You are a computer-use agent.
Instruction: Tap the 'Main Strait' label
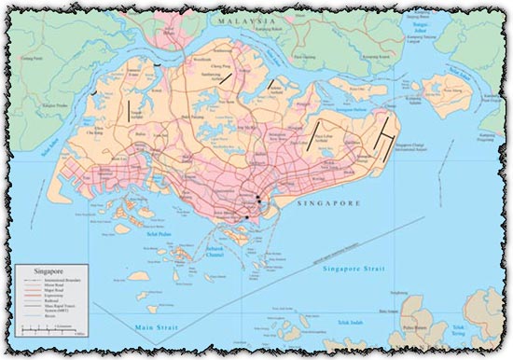pos(154,326)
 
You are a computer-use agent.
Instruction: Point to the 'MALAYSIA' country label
pos(245,21)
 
